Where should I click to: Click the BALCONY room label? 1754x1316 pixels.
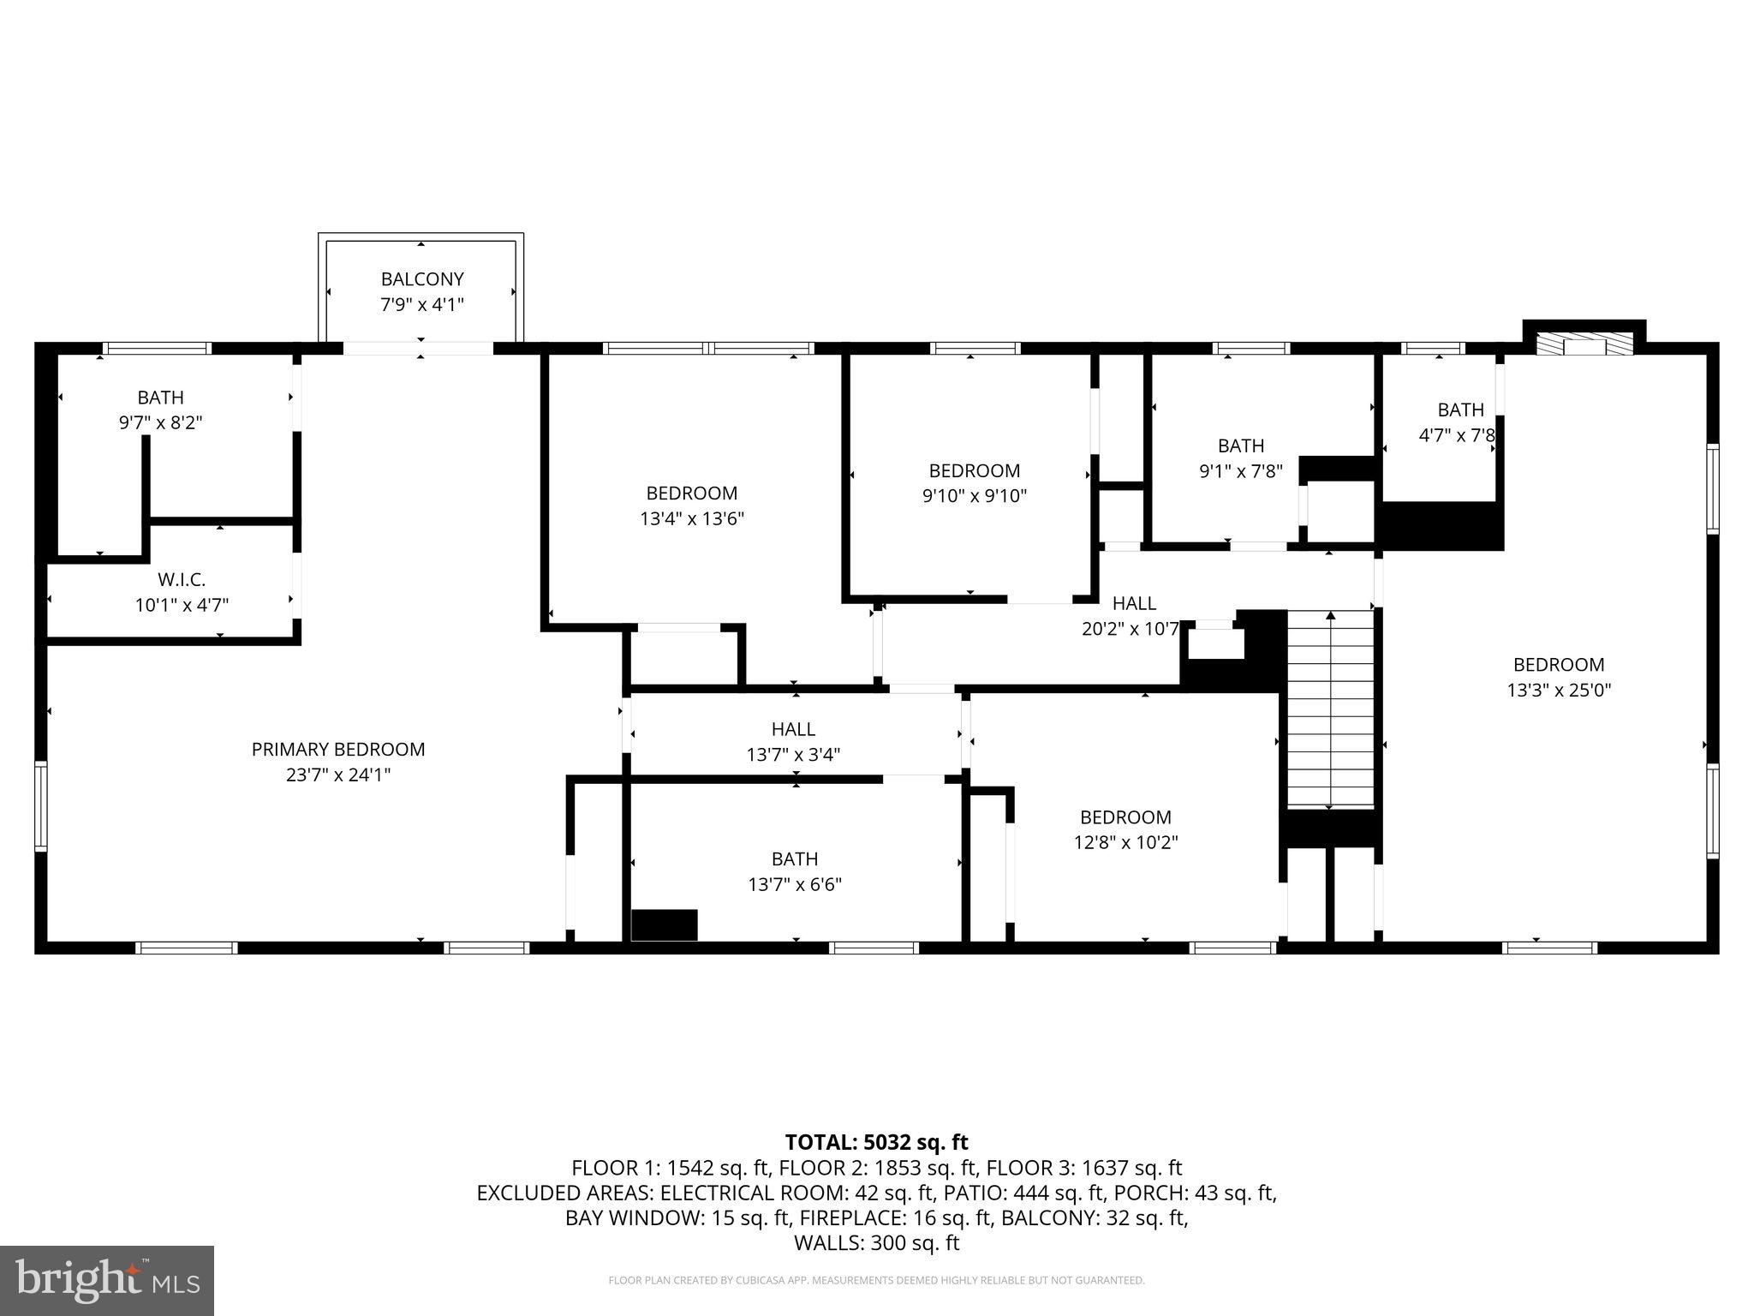tap(422, 279)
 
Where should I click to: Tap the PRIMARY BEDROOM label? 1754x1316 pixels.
tap(338, 750)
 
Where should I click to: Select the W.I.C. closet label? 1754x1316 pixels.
tap(182, 580)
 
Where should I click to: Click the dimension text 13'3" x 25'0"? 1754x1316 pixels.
tap(1559, 690)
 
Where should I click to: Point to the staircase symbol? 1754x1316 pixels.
tap(1330, 709)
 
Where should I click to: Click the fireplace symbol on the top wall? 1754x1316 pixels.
tap(1584, 344)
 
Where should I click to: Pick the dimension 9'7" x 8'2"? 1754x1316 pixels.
tap(160, 422)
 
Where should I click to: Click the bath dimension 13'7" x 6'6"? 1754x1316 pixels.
tap(795, 884)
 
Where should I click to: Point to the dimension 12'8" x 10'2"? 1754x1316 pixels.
tap(1125, 842)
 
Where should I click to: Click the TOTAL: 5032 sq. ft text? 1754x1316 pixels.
tap(876, 1142)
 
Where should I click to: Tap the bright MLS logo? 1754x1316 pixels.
tap(107, 1280)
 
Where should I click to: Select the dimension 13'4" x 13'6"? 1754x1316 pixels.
tap(692, 518)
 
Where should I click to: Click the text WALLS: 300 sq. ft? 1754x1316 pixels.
tap(876, 1243)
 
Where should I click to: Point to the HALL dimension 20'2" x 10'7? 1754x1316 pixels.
tap(1131, 629)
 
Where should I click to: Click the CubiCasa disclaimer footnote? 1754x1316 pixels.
tap(876, 1281)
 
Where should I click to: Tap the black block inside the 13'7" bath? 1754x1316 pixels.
tap(664, 925)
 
